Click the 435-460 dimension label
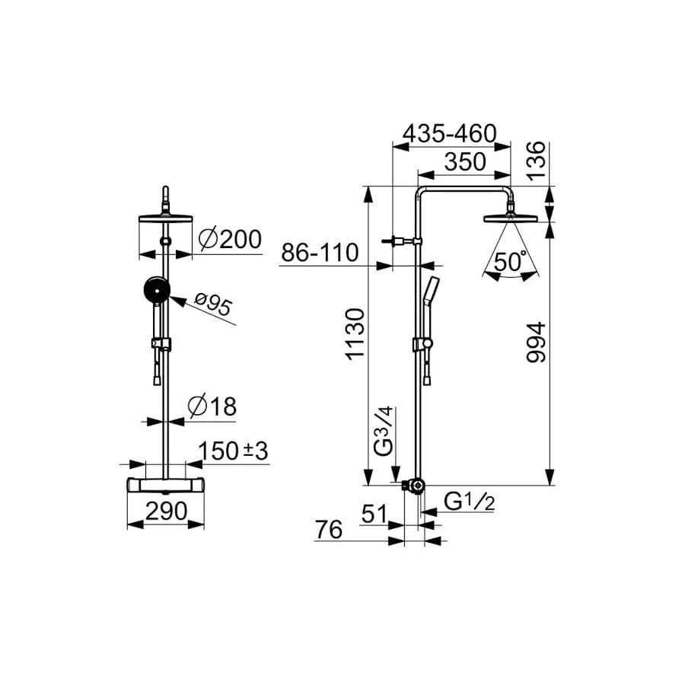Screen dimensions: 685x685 [450, 133]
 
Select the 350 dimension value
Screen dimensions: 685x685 [465, 161]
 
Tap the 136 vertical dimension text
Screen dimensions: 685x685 [537, 161]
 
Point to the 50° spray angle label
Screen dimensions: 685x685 [509, 262]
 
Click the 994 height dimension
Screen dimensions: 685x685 [537, 342]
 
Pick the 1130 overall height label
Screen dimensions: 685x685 [355, 334]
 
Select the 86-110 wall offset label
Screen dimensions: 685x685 [320, 253]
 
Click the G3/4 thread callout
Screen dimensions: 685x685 [385, 432]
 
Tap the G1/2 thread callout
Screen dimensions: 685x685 [470, 502]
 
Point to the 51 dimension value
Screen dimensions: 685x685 [374, 514]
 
